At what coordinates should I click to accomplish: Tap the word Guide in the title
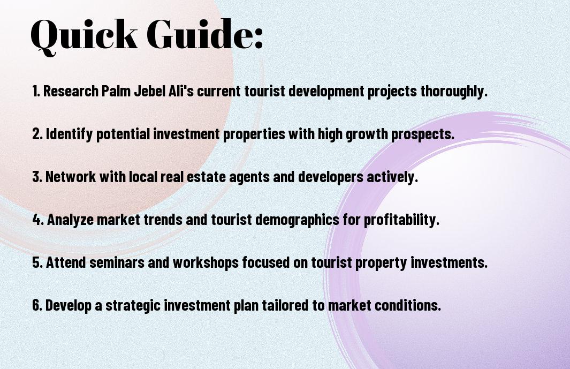(x=199, y=34)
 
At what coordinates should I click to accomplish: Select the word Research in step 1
(x=71, y=91)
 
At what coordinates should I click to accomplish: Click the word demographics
(x=297, y=220)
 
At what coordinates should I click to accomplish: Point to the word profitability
(x=402, y=220)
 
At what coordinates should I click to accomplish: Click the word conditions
(x=408, y=305)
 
